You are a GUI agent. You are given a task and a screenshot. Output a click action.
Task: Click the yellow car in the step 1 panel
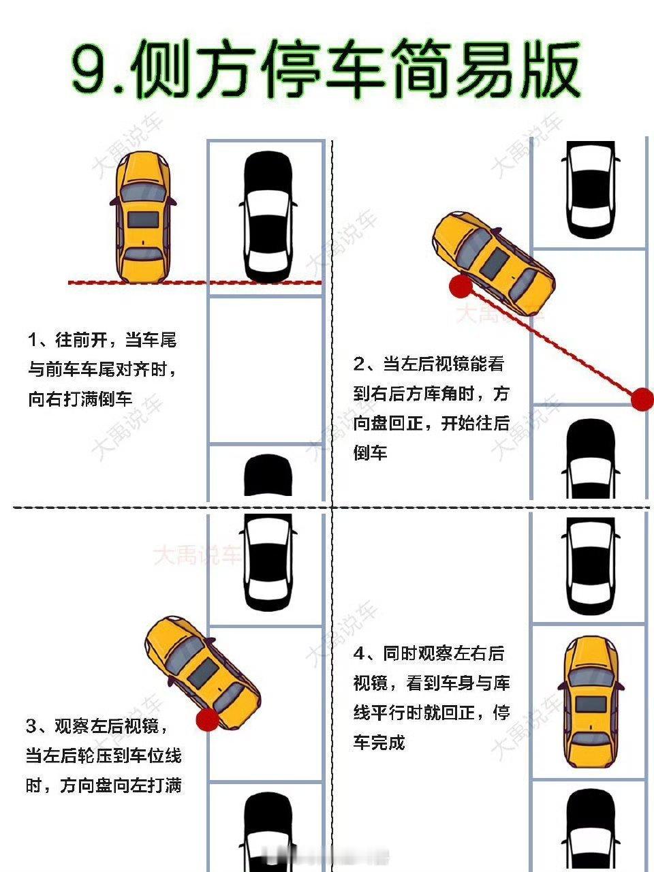click(x=143, y=217)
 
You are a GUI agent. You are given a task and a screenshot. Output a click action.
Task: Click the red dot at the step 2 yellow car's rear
click(x=461, y=287)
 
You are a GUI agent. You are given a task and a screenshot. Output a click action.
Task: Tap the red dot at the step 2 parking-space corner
click(x=642, y=399)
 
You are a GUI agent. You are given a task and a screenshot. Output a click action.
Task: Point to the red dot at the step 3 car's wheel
click(x=207, y=719)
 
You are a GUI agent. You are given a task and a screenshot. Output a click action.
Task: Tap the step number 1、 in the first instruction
click(x=38, y=340)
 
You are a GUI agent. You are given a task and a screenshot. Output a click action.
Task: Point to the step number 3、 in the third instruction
click(x=38, y=727)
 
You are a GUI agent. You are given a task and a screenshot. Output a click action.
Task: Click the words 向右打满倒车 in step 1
click(x=80, y=399)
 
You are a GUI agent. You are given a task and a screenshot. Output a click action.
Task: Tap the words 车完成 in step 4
click(x=379, y=742)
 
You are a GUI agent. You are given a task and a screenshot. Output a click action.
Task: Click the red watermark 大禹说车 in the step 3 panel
click(x=196, y=555)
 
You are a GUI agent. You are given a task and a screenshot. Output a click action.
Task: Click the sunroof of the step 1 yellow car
click(x=142, y=219)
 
